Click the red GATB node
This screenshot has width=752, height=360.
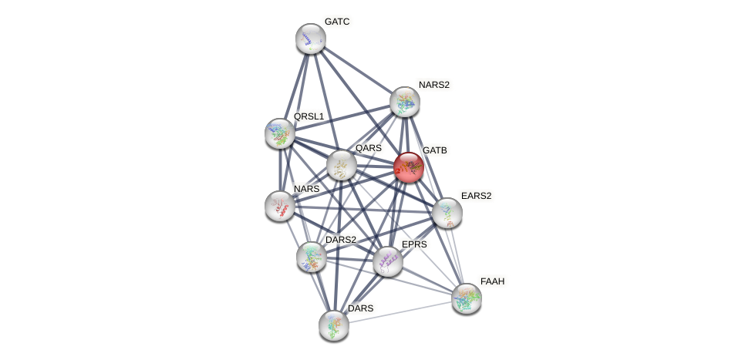pyautogui.click(x=409, y=167)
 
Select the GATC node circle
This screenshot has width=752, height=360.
pyautogui.click(x=311, y=39)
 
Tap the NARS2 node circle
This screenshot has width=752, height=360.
pyautogui.click(x=405, y=102)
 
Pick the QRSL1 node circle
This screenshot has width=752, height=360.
pyautogui.click(x=280, y=133)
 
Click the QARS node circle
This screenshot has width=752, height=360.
pyautogui.click(x=341, y=165)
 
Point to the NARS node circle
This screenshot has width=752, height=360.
pyautogui.click(x=280, y=206)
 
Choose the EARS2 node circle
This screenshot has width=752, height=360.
pyautogui.click(x=447, y=213)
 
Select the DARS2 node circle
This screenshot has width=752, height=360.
pyautogui.click(x=312, y=257)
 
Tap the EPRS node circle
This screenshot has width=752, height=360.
pyautogui.click(x=388, y=261)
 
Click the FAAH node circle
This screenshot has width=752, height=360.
pyautogui.click(x=467, y=298)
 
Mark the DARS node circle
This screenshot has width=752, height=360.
pyautogui.click(x=334, y=325)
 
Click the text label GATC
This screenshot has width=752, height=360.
pyautogui.click(x=337, y=22)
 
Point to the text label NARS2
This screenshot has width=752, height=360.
pyautogui.click(x=433, y=85)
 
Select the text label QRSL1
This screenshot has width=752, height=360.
pyautogui.click(x=309, y=116)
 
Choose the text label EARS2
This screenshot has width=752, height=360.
pyautogui.click(x=476, y=196)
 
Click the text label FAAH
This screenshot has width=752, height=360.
pyautogui.click(x=492, y=281)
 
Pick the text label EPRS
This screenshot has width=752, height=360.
pyautogui.click(x=413, y=244)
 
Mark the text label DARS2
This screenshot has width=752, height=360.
pyautogui.click(x=341, y=240)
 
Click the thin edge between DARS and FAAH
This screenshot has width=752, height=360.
pyautogui.click(x=400, y=311)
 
